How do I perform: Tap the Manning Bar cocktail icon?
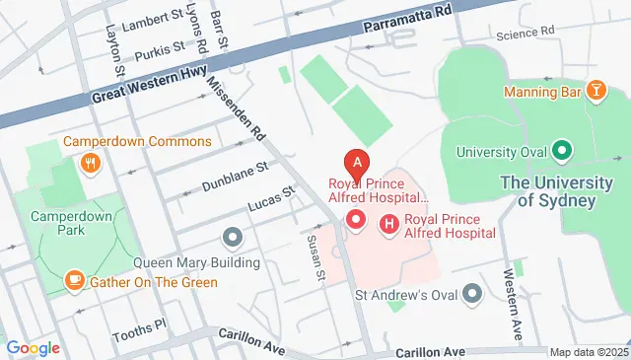pos(596,92)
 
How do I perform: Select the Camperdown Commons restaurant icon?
pos(90,164)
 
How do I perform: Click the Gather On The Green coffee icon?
pos(74,281)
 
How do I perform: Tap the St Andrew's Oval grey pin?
pos(472,293)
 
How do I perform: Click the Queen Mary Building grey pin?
pos(233,238)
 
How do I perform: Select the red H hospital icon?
pos(388,225)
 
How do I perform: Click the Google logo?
pos(34,347)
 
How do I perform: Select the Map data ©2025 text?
pos(588,352)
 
